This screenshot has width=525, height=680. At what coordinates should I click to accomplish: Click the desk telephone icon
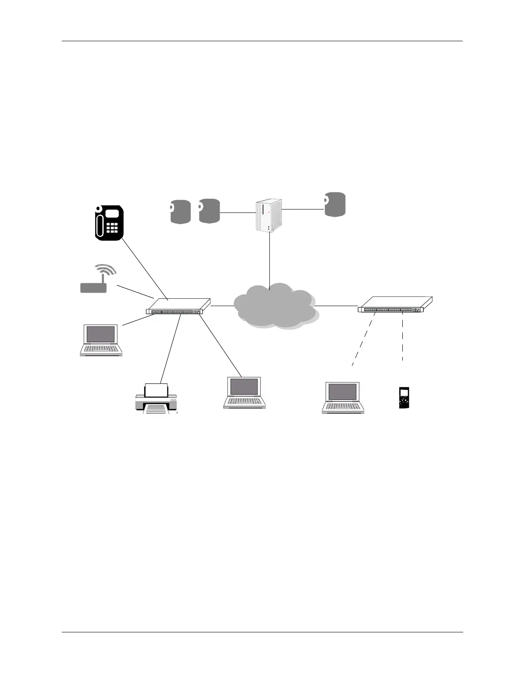point(109,222)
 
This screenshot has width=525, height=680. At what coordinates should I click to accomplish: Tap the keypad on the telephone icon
point(112,228)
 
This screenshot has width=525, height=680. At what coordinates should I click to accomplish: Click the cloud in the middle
point(275,306)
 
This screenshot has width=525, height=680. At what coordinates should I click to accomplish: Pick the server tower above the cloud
point(269,216)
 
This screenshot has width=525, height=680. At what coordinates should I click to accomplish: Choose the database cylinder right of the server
point(335,205)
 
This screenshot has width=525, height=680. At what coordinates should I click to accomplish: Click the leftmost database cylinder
point(180,212)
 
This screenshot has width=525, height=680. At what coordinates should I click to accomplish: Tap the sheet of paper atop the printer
point(156,390)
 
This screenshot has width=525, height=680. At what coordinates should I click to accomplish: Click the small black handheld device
point(404,398)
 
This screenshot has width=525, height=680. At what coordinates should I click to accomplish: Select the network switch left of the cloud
point(178,306)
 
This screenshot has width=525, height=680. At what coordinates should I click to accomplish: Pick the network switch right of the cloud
point(395,304)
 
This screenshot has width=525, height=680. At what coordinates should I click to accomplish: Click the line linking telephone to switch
point(144,267)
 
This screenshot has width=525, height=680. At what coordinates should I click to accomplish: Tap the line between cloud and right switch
point(336,306)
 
